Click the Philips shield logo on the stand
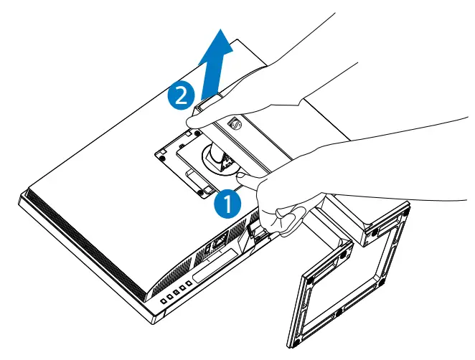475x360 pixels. point(232,124)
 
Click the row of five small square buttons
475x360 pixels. point(176,290)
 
